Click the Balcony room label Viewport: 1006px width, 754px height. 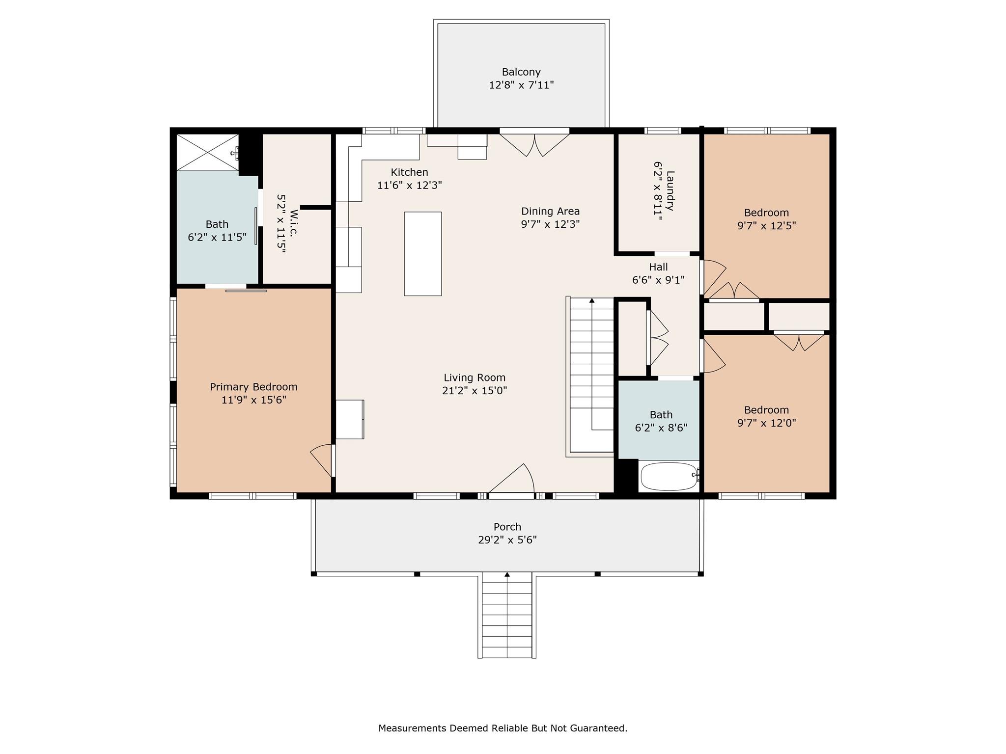[521, 72]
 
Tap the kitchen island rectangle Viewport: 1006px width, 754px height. [422, 254]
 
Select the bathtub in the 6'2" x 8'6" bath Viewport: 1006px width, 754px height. [669, 476]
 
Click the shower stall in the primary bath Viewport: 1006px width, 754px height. [207, 153]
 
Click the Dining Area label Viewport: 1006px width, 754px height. [550, 211]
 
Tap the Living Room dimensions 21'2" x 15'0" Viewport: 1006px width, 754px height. [474, 391]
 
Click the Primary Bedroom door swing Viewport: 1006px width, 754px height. [322, 459]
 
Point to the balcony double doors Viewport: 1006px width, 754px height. [534, 143]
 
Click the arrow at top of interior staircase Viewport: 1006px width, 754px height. [592, 300]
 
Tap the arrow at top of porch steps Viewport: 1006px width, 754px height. [507, 574]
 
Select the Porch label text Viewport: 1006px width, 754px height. [507, 527]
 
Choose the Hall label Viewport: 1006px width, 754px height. [658, 267]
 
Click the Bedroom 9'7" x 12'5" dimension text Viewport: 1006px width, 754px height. [766, 226]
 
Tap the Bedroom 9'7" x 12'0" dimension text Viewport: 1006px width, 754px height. [766, 423]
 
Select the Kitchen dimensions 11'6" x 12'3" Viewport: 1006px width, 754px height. [409, 186]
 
